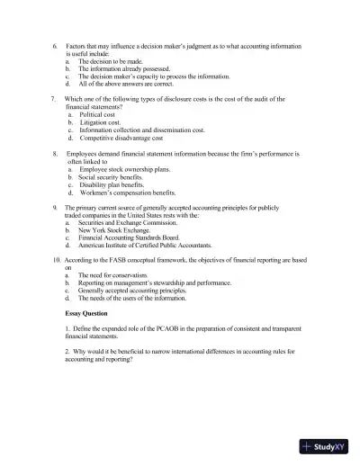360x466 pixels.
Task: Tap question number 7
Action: pyautogui.click(x=54, y=98)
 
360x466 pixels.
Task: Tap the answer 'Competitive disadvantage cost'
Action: pyautogui.click(x=121, y=139)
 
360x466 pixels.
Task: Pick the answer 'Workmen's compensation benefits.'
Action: pyautogui.click(x=128, y=193)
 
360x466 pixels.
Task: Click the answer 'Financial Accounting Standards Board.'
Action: pyautogui.click(x=135, y=237)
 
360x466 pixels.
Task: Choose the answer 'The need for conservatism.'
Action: pyautogui.click(x=119, y=275)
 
